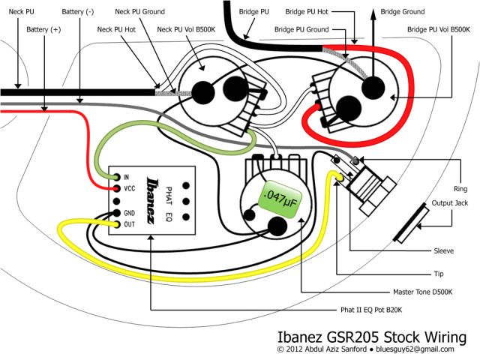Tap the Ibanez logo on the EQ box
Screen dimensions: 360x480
click(152, 199)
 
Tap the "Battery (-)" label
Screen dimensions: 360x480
click(82, 12)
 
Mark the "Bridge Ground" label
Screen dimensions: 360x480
click(402, 12)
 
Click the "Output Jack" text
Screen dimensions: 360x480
click(449, 203)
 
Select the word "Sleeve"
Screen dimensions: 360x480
click(443, 250)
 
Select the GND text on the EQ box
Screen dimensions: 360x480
click(129, 213)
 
